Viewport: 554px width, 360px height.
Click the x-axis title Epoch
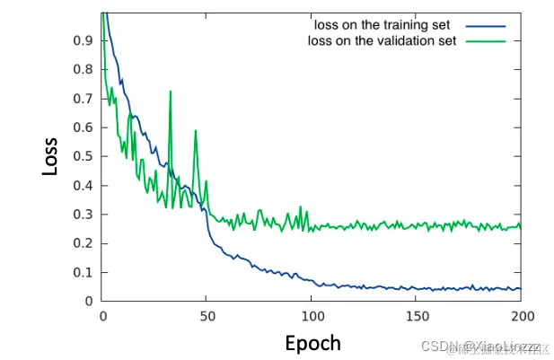coord(312,342)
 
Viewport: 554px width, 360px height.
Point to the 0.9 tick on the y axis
coord(83,40)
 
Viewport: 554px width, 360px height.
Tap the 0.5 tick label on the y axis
coord(83,156)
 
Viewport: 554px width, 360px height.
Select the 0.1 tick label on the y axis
coord(83,272)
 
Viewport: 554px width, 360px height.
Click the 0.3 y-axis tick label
coord(83,215)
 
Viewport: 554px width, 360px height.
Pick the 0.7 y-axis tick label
coord(83,99)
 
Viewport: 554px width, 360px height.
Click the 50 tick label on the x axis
coord(207,316)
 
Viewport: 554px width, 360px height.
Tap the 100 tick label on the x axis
coord(312,316)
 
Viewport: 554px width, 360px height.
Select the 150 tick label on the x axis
coord(416,316)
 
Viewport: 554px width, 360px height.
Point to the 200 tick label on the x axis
coord(521,316)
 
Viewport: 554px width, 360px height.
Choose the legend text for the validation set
coord(382,40)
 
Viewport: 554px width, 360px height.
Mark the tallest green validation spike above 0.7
coord(171,92)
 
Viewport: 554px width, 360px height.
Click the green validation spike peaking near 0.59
coord(195,131)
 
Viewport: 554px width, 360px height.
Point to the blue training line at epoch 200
coord(520,288)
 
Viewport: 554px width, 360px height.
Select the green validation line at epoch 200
coord(520,226)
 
